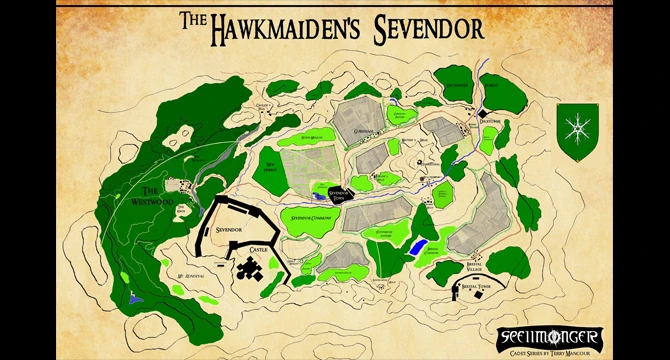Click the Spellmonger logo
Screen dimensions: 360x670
(550, 334)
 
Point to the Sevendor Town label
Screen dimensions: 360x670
(344, 195)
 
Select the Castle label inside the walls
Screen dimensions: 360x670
(258, 247)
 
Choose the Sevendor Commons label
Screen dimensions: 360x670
(311, 217)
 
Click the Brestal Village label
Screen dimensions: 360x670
(482, 268)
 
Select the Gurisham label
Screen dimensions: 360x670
(363, 130)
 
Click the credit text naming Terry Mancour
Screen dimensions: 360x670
(550, 351)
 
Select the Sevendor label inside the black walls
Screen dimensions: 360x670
(230, 229)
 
